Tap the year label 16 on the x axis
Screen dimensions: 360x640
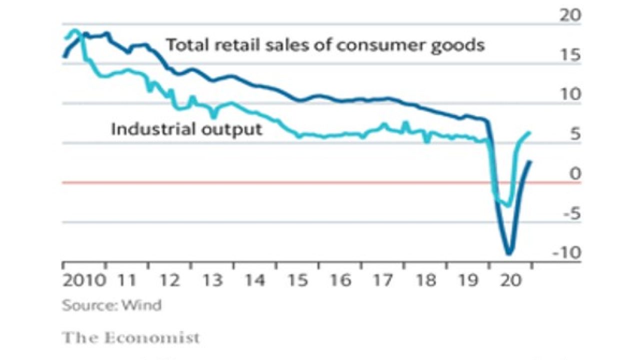tap(342, 279)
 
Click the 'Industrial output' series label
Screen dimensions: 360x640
tap(186, 129)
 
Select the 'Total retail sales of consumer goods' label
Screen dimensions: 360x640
tap(325, 45)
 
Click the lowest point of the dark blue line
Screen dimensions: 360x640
tap(509, 253)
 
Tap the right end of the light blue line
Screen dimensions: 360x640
tap(529, 132)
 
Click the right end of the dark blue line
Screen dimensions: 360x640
tap(530, 161)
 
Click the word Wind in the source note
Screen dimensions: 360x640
tap(145, 305)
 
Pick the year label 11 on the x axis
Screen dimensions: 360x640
tap(128, 279)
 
